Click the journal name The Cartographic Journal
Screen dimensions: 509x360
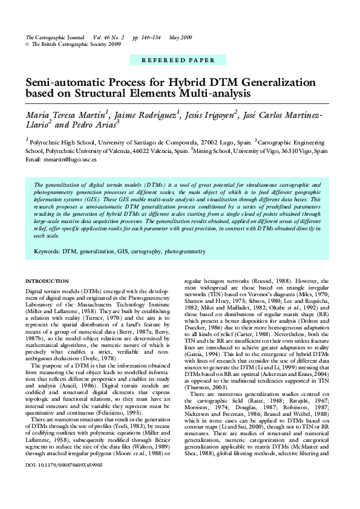coord(54,37)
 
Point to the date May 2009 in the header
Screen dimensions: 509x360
coord(181,37)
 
